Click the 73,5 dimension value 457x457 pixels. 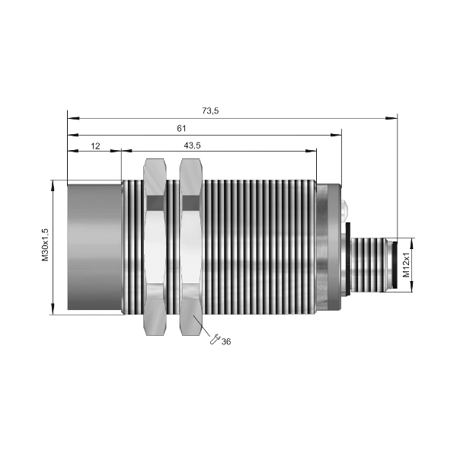point(210,111)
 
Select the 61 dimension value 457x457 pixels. point(181,129)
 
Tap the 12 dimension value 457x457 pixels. point(95,146)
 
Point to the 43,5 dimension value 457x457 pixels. point(192,145)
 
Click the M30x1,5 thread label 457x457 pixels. point(45,244)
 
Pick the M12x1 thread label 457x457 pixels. point(406,264)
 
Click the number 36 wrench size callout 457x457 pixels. point(226,341)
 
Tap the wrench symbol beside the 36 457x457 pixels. point(215,339)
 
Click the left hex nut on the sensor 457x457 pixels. point(155,247)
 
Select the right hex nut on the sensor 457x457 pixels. point(190,247)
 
